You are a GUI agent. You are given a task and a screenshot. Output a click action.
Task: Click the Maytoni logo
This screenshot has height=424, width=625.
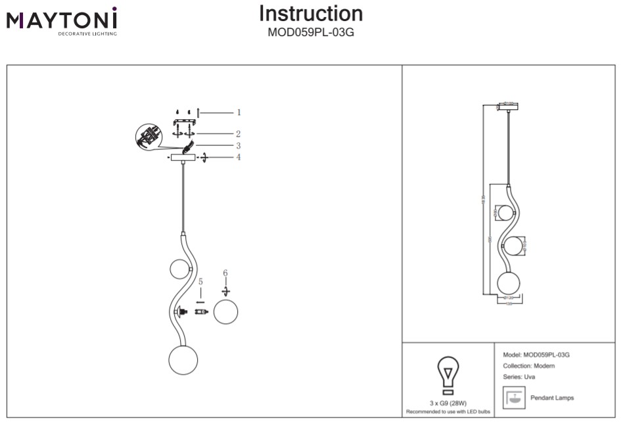coord(62,21)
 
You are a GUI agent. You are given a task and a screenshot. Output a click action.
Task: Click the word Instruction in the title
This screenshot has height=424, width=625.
coord(311,13)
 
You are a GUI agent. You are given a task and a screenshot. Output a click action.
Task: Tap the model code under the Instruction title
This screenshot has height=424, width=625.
coord(311,32)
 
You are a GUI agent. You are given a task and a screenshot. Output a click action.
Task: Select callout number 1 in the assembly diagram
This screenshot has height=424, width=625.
coord(239,113)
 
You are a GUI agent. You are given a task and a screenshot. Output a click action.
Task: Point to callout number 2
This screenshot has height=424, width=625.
coord(239,134)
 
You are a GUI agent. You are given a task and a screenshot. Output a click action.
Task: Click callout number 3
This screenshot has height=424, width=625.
coord(239,146)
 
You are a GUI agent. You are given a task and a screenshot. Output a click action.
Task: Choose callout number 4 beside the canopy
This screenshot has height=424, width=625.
coord(239,157)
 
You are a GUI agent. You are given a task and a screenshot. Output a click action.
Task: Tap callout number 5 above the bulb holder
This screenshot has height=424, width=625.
coord(200,281)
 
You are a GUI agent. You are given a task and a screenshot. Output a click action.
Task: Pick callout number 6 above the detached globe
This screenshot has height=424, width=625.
coord(225,273)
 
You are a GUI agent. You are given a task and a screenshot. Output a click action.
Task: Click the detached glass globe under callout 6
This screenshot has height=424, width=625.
coord(225,311)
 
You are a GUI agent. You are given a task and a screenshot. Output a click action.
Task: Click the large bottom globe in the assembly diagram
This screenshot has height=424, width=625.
coord(183,359)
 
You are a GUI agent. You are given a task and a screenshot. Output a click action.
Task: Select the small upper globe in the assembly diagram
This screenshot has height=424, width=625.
coord(179,269)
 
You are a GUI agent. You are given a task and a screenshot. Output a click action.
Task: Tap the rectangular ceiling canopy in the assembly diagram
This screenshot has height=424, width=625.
coord(182,158)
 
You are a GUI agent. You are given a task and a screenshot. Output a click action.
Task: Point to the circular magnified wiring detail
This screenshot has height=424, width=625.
coord(148,137)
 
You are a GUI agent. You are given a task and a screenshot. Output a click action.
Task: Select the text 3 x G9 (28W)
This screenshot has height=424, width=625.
coord(448,403)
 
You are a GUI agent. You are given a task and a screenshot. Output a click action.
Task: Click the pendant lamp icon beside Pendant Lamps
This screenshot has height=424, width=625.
coord(513,397)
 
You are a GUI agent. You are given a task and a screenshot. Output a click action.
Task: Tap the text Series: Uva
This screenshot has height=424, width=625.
coord(519,377)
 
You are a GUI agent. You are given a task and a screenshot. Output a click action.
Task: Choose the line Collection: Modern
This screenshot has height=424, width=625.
coord(528,366)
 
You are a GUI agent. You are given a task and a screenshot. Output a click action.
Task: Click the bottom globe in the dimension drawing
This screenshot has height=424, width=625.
coord(509,284)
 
